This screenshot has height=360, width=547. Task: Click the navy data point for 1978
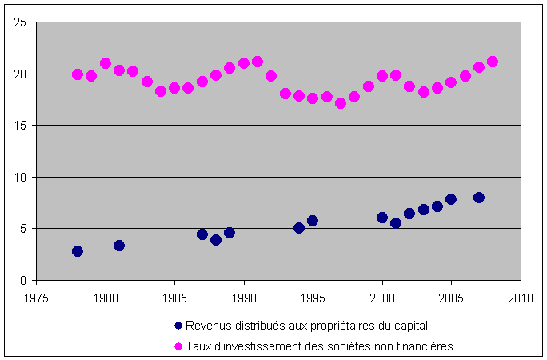78,251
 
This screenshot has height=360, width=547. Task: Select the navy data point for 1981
119,246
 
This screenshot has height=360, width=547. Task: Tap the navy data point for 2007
479,198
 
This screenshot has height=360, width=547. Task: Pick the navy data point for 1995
313,221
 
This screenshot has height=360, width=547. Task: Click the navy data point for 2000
382,218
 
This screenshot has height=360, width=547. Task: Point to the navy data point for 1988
216,240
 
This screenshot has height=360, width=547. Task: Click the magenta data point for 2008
493,62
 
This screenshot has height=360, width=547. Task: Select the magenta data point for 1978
78,74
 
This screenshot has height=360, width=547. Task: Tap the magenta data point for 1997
341,103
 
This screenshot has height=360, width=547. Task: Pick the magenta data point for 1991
258,62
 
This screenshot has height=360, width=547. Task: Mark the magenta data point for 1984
161,91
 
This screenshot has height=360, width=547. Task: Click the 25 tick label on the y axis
21,22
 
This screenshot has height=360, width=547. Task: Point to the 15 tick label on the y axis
21,126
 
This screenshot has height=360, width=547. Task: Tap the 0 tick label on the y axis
24,280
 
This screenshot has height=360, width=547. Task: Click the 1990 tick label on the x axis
244,295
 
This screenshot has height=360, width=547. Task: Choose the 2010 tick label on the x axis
521,295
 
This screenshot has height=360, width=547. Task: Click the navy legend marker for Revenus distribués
178,325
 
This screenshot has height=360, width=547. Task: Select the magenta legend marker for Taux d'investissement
178,346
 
